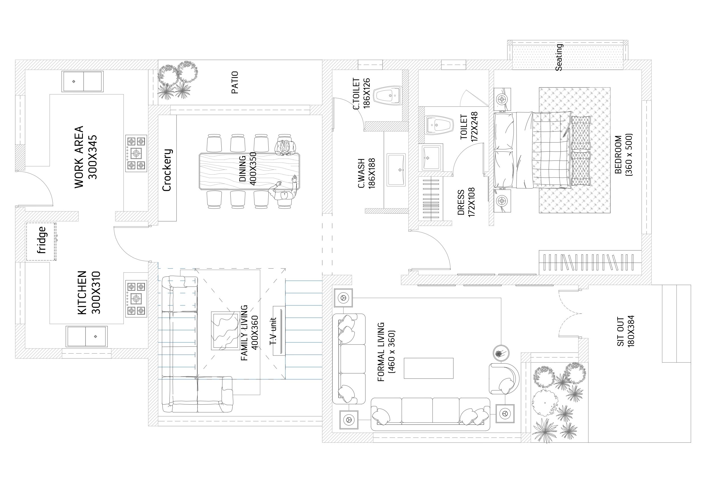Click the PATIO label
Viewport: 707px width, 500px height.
tap(235, 82)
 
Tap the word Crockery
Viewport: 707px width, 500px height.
tap(167, 170)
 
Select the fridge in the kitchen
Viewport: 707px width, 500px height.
tap(41, 242)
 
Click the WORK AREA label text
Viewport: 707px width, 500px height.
tap(79, 157)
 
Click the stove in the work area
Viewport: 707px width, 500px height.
tap(136, 153)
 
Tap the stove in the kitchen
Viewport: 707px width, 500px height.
tap(136, 299)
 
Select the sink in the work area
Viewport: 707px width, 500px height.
tap(83, 81)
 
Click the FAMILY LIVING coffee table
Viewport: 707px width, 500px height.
tap(226, 330)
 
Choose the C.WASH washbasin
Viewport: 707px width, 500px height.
tap(396, 170)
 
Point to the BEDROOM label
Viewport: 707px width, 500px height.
tap(618, 154)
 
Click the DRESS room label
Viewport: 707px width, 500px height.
tap(461, 202)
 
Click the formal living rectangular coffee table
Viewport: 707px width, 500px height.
tap(428, 368)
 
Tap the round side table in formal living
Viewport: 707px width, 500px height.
tap(501, 353)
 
